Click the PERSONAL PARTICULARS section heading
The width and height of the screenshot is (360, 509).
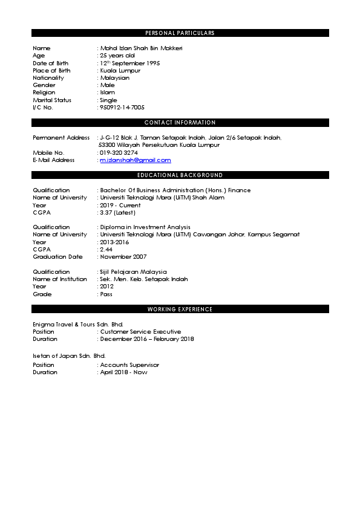point(180,33)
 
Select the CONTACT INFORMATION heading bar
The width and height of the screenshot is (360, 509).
point(180,123)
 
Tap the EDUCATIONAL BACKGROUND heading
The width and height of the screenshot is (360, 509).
point(180,175)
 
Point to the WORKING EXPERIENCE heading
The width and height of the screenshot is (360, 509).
point(180,310)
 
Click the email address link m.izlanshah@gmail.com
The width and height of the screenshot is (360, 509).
point(136,160)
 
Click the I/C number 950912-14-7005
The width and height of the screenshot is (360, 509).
point(122,108)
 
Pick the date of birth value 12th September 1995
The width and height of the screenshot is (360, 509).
point(129,63)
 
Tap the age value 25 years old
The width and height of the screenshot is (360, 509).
point(117,56)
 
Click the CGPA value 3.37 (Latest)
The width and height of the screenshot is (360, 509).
point(118,212)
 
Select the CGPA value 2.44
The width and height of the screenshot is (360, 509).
point(106,249)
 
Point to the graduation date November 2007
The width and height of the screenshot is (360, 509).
point(123,257)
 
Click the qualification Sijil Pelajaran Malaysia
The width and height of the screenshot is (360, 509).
point(134,272)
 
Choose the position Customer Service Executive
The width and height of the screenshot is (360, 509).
point(140,332)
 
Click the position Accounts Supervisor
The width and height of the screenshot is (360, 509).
point(129,365)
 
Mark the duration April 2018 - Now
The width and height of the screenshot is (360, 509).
point(123,372)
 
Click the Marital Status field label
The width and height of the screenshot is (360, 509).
point(52,100)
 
